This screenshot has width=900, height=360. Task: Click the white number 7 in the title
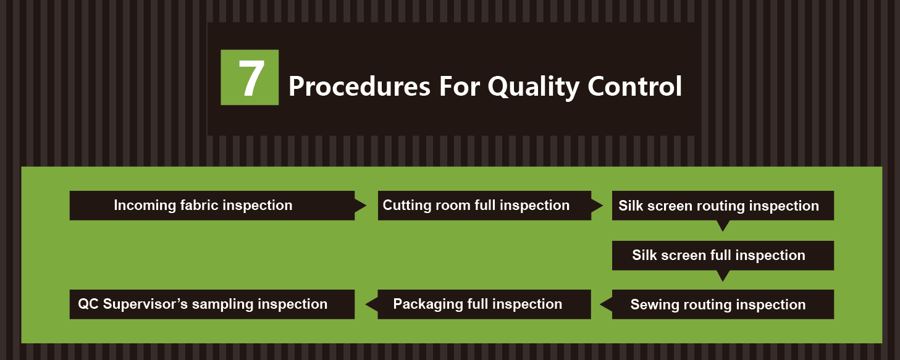tap(251, 78)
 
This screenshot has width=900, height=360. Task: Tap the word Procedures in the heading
tap(360, 87)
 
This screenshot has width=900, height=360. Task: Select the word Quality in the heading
tap(534, 88)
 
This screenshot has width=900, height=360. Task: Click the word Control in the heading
tap(635, 86)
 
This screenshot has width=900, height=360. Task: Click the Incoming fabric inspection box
tap(212, 205)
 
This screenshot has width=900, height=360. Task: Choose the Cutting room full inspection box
tap(484, 205)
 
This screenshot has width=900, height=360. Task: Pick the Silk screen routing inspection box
tap(723, 205)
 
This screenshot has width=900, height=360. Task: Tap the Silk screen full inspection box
tap(723, 256)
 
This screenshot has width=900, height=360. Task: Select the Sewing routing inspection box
tap(723, 304)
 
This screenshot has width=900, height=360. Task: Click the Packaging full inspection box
tap(484, 304)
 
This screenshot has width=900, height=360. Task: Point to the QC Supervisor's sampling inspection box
tap(212, 304)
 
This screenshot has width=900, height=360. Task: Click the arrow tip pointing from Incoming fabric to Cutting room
tap(366, 206)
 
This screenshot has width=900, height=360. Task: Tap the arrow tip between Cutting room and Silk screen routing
tap(603, 206)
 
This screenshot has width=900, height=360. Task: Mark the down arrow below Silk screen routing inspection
tap(723, 226)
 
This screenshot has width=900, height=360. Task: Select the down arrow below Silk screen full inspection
tap(723, 276)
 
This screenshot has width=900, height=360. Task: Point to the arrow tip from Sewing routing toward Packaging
tap(600, 304)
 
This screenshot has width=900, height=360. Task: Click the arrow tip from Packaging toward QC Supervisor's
tap(366, 304)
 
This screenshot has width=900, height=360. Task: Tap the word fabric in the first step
tap(200, 205)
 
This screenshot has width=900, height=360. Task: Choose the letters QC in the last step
tap(88, 304)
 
